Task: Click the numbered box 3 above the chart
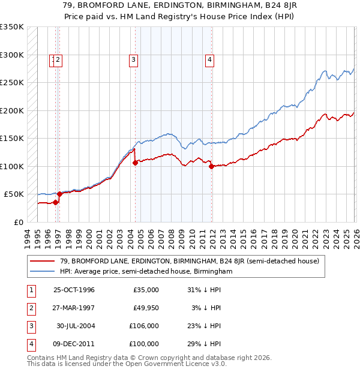133,59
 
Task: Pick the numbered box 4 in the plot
209,59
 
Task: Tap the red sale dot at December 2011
212,167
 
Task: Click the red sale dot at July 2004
136,163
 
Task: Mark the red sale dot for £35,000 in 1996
55,202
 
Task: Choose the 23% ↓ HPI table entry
203,327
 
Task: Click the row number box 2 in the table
30,308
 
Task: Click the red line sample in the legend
44,260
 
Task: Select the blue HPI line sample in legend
44,271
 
